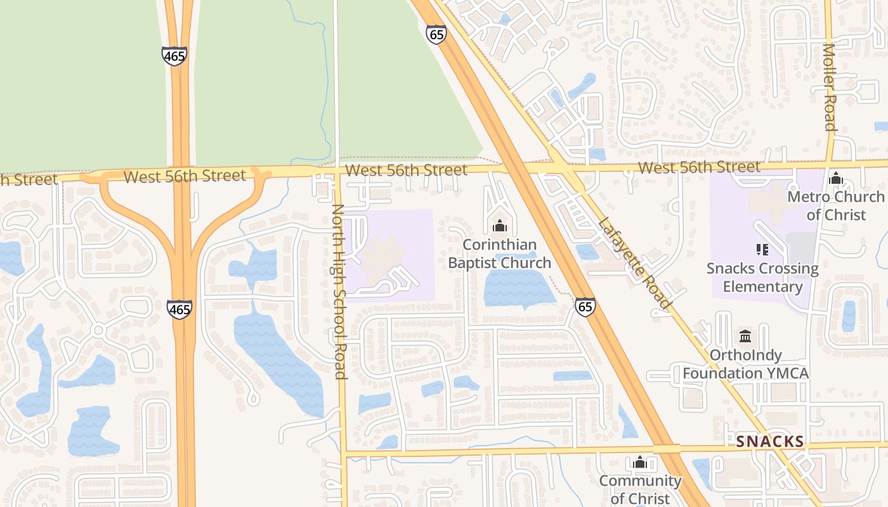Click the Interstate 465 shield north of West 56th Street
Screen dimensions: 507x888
point(174,56)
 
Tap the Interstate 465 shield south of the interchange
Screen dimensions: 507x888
point(180,310)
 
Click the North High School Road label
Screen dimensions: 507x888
point(339,292)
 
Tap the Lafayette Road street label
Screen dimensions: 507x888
point(634,263)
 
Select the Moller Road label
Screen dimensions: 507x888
point(830,87)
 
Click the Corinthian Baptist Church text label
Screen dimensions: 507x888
point(500,253)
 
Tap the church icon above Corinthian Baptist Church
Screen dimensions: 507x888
point(500,226)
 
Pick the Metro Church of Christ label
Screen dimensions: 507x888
point(835,206)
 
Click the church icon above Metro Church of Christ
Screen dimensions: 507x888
point(835,179)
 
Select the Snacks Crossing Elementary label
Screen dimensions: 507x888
point(762,278)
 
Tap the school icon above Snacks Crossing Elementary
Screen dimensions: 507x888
point(762,250)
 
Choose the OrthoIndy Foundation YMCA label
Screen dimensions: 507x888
point(745,364)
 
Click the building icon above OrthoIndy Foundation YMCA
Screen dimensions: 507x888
point(745,336)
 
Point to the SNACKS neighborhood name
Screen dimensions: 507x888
point(770,442)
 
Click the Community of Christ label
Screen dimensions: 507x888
point(640,490)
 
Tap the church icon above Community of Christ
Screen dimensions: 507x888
point(640,462)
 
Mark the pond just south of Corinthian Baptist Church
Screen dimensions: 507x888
point(517,289)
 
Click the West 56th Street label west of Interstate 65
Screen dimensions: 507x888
point(406,170)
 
